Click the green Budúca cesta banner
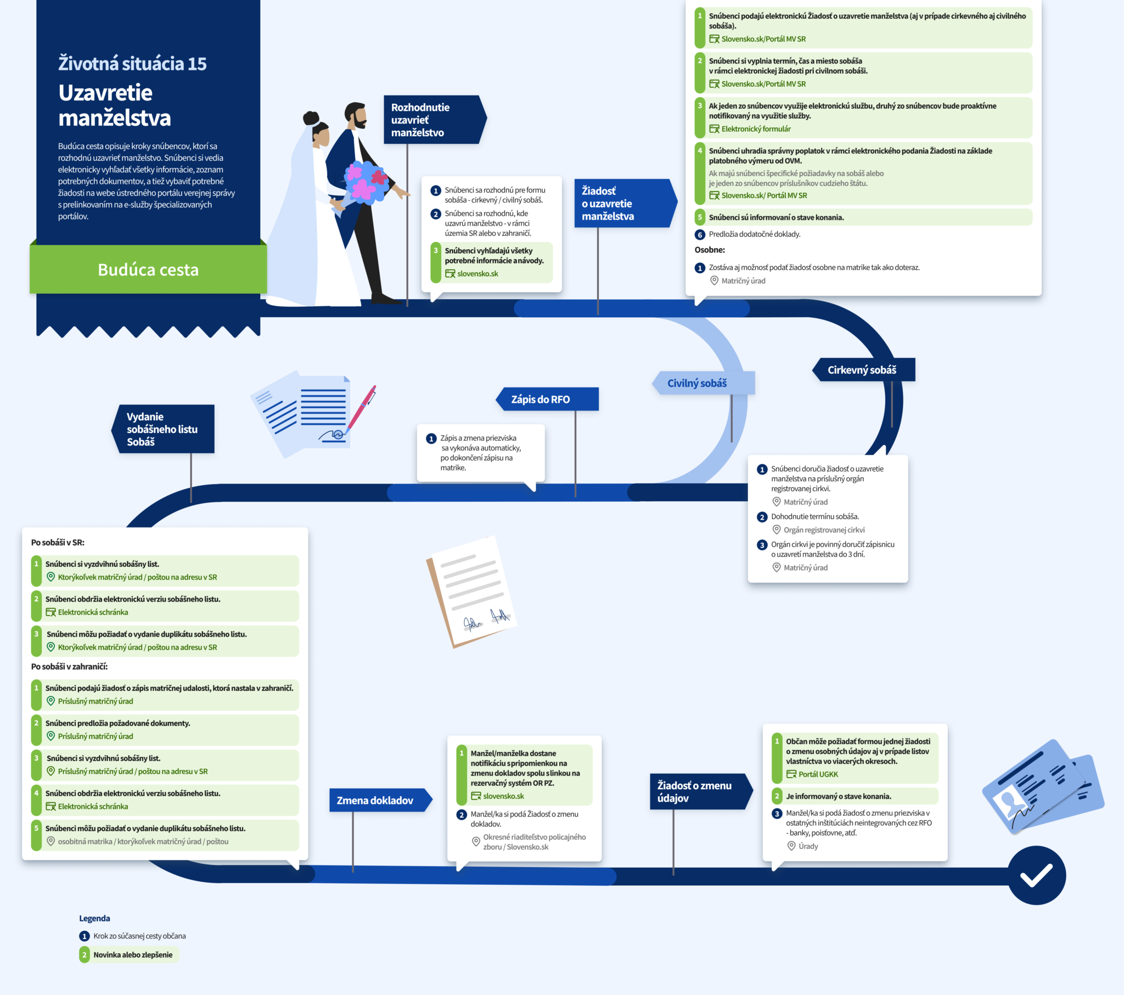149,269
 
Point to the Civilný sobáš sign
704,383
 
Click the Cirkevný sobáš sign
863,369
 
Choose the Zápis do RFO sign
547,399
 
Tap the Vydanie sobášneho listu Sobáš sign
163,429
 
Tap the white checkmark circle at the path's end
1037,875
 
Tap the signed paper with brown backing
471,592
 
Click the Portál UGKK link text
818,774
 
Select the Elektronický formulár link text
756,129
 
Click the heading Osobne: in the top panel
710,250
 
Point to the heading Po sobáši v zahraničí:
69,667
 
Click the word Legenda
94,919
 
